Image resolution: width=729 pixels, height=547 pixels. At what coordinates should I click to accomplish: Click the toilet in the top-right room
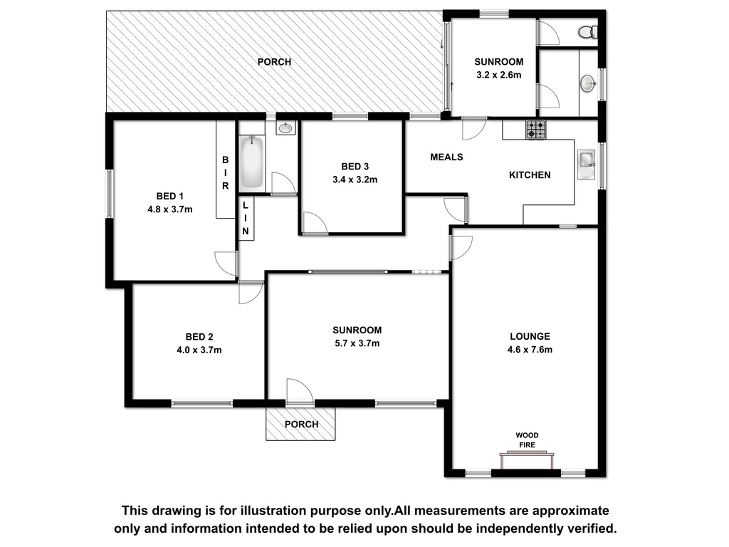click(x=588, y=31)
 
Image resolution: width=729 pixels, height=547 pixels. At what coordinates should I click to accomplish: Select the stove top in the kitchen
click(x=535, y=130)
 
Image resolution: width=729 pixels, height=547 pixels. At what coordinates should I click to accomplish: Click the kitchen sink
click(x=587, y=165)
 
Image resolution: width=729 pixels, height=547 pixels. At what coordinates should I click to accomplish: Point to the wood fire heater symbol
click(x=527, y=461)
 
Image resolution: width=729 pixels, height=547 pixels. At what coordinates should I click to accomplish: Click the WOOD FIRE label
click(x=528, y=440)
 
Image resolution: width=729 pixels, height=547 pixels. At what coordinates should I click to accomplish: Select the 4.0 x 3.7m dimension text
click(x=199, y=350)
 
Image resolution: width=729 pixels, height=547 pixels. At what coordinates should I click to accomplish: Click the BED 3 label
click(x=355, y=167)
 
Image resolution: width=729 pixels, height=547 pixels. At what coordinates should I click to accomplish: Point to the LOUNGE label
click(x=530, y=336)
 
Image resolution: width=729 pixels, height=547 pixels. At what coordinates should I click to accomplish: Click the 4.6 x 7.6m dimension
click(x=530, y=349)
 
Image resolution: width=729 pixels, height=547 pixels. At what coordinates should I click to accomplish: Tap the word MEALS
click(x=446, y=157)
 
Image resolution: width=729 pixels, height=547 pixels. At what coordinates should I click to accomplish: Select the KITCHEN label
click(x=530, y=175)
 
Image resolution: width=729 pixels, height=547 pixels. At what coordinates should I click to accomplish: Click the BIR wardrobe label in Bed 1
click(x=226, y=173)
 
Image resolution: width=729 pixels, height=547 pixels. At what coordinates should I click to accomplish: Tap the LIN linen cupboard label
click(x=246, y=218)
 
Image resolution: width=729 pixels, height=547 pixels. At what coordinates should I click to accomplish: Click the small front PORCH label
click(x=301, y=424)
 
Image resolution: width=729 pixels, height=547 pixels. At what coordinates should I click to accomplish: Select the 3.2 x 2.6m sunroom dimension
click(x=499, y=75)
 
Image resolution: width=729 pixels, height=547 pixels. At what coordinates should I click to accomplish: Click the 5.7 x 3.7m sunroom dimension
click(x=357, y=343)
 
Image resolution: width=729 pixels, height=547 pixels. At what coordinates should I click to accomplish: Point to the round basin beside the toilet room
click(x=588, y=84)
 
